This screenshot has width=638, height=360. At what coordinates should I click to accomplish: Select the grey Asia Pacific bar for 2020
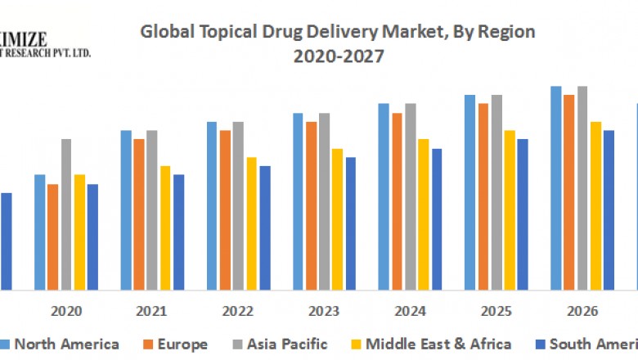click(x=66, y=214)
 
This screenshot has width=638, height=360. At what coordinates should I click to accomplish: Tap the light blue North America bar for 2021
click(x=126, y=209)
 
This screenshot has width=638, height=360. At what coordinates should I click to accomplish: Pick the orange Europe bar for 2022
click(x=225, y=209)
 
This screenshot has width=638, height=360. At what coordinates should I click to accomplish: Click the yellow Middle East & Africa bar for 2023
click(x=337, y=219)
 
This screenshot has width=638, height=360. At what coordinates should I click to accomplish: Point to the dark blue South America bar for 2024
click(x=437, y=219)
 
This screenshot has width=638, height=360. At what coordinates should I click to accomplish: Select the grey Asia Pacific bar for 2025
click(x=496, y=192)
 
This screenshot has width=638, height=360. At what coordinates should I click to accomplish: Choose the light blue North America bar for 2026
click(x=556, y=188)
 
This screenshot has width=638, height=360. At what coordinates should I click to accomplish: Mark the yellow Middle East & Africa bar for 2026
click(x=595, y=205)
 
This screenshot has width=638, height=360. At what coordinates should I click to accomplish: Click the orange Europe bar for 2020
click(x=53, y=236)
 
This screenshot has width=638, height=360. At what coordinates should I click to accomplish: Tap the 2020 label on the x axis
click(x=65, y=312)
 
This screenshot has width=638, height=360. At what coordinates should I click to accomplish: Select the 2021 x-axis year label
click(x=151, y=312)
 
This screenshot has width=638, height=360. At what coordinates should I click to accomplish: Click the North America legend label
click(x=66, y=344)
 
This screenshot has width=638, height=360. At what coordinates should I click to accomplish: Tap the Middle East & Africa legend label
click(x=438, y=344)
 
